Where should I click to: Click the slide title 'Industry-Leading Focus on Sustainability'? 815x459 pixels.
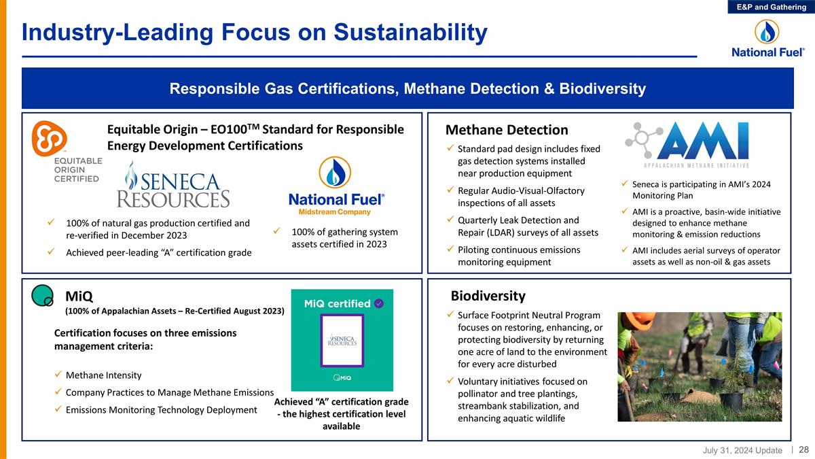point(254,32)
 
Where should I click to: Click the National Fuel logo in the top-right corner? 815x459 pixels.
point(767,39)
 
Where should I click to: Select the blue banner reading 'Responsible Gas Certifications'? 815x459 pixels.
point(407,89)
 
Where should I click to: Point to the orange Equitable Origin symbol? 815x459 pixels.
point(50,137)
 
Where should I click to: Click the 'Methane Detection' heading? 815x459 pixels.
point(506,130)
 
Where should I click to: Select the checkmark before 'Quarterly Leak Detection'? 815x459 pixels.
point(451,220)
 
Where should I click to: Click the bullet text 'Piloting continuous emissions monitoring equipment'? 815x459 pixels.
point(519,256)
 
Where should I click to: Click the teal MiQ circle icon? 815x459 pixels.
point(43,294)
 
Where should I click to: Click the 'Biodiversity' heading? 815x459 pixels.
point(488,296)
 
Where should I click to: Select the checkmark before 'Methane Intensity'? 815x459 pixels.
point(58,376)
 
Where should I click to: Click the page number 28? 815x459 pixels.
point(803,449)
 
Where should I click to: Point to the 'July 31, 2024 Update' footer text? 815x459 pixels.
point(742,450)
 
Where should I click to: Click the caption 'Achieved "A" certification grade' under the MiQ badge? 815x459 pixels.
point(342,402)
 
